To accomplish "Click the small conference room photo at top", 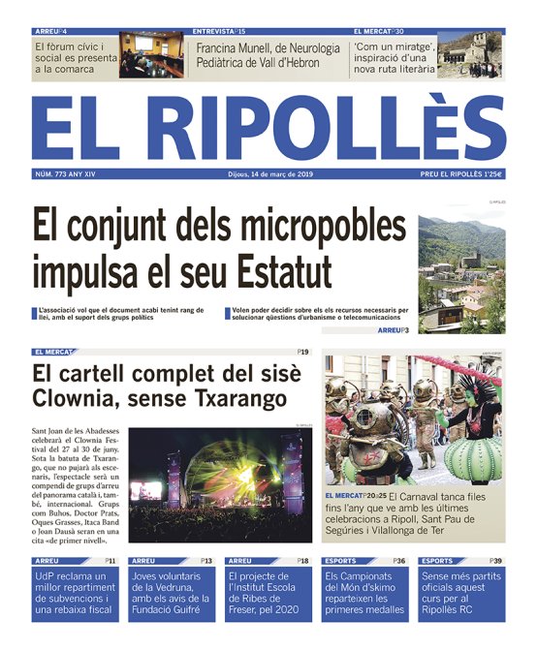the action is click(151, 56).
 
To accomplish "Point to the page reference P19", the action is click(302, 353).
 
